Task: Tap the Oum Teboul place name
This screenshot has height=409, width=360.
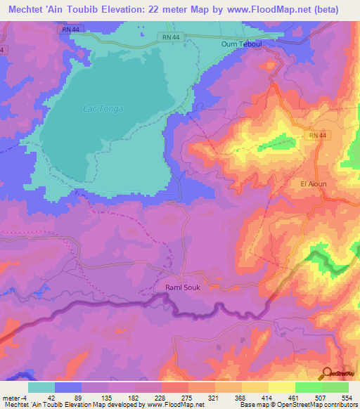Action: tap(241, 43)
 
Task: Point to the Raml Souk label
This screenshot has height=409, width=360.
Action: tap(181, 287)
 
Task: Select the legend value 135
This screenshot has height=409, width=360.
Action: tap(96, 397)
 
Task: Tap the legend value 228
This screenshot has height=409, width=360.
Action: tap(161, 397)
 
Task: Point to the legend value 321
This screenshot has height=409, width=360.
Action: tap(226, 397)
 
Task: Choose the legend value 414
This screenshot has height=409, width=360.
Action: tap(292, 397)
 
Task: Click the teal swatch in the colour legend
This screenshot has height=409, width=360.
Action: tap(41, 387)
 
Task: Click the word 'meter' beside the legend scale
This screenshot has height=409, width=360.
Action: tap(10, 397)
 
